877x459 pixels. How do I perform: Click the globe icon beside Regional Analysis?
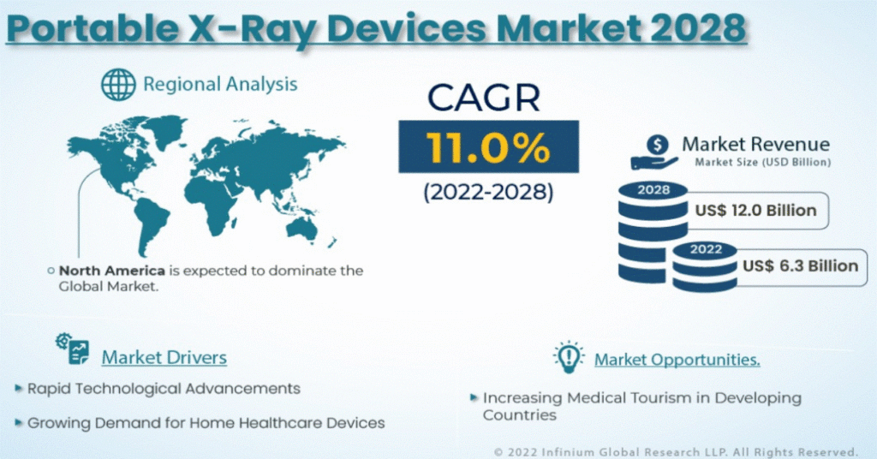point(118,85)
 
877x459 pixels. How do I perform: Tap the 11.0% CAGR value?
point(488,147)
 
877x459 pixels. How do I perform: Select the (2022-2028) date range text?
point(488,193)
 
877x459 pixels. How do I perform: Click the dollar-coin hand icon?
point(654,152)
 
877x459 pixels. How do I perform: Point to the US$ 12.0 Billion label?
point(755,210)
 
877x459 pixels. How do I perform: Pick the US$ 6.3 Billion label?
point(801,265)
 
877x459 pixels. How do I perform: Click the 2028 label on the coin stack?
point(653,190)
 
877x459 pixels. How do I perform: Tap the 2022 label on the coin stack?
point(706,249)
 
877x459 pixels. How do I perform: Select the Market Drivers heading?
point(164,357)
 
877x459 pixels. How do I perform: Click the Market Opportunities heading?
point(677,360)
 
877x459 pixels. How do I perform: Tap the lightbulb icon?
point(569,357)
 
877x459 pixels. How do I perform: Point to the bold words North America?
point(112,271)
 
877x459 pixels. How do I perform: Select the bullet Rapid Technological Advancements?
point(164,389)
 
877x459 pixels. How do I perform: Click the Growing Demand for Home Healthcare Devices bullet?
point(206,423)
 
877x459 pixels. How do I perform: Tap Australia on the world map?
point(301,229)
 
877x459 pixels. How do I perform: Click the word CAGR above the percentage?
point(484,98)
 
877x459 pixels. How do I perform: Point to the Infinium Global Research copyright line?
point(676,452)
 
